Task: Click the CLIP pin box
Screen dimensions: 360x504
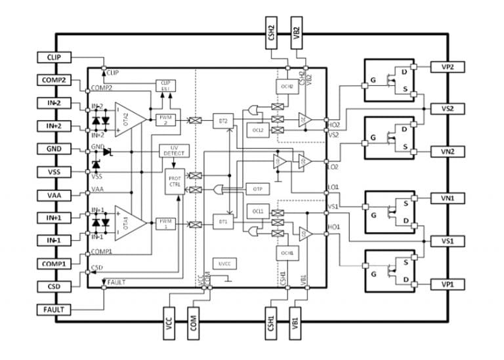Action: tap(54, 57)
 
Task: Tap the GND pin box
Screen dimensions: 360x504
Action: tap(54, 149)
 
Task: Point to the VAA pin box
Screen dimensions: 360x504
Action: tap(54, 195)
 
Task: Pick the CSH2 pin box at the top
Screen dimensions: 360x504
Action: tap(272, 34)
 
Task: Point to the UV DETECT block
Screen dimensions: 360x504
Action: tap(172, 150)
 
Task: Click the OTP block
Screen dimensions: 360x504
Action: tap(257, 189)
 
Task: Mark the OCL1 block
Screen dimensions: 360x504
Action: tap(256, 210)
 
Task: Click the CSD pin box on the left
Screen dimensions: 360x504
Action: tap(54, 287)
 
